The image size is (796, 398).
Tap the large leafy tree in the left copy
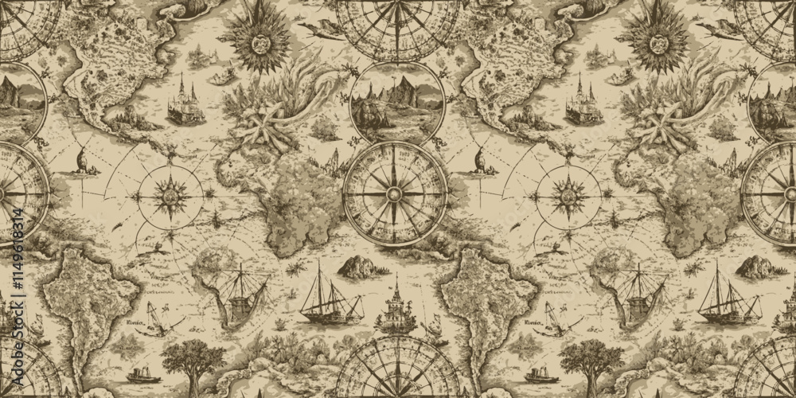coord(193,362)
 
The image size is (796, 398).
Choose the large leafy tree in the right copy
coord(591,362)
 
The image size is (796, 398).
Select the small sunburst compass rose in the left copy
coord(170,193)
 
